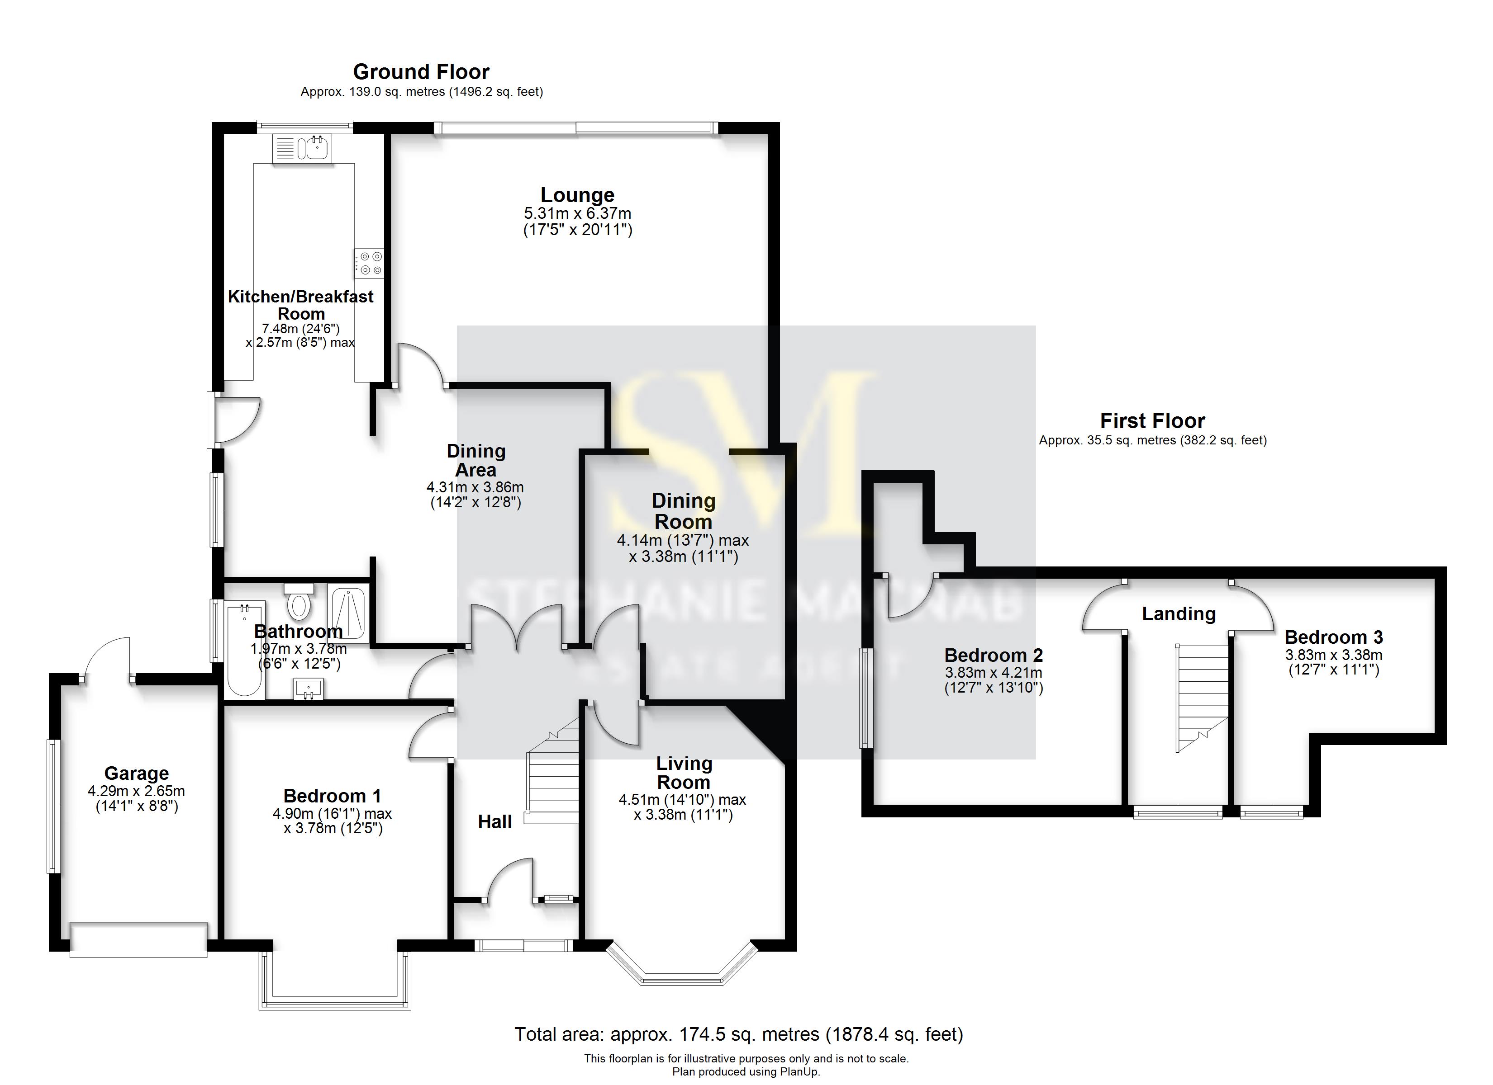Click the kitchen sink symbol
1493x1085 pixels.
[x=311, y=148]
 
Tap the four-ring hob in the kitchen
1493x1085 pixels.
[x=369, y=263]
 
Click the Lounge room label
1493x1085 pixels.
[x=577, y=195]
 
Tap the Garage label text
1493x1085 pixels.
[x=136, y=773]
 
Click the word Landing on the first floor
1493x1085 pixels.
[x=1178, y=614]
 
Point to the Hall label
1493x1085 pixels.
[x=494, y=822]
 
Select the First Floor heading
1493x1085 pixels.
[x=1152, y=420]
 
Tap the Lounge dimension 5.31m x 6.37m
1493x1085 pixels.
[x=577, y=214]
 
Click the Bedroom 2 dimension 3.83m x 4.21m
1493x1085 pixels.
[x=994, y=672]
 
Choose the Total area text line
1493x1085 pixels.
[x=739, y=1034]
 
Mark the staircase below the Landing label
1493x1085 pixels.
[x=1203, y=698]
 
